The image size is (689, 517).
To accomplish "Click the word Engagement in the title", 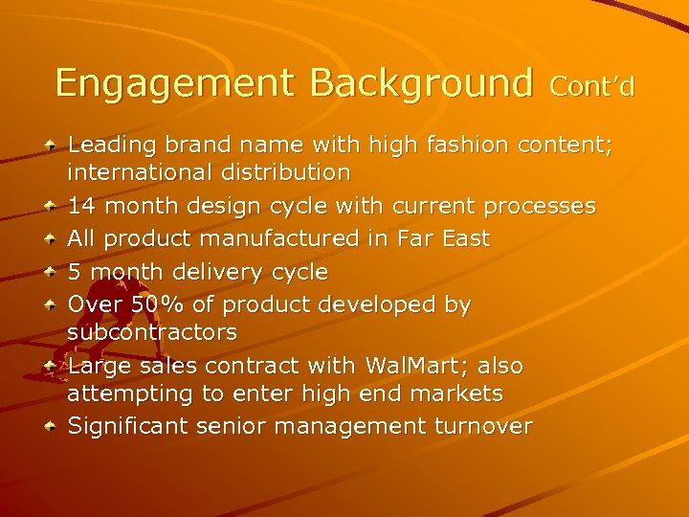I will pos(177,84).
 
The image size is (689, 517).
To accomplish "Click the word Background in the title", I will pos(421,84).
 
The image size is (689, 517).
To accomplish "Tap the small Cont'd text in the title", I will pos(592,88).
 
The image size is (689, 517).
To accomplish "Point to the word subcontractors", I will pos(152,333).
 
